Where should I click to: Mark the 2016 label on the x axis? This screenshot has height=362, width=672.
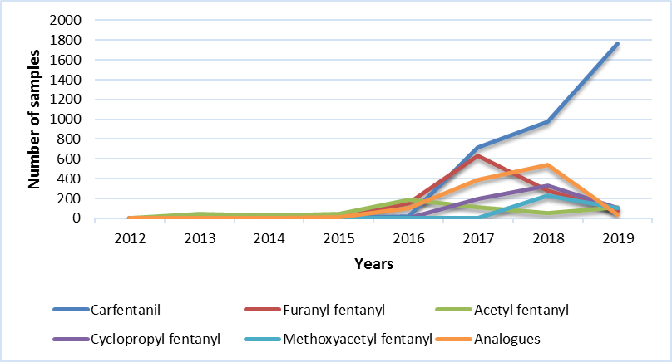[408, 237]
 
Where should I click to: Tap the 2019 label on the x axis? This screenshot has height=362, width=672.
[617, 237]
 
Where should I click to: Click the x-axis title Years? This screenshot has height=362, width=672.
[373, 264]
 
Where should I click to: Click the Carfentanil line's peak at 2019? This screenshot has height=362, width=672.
[617, 44]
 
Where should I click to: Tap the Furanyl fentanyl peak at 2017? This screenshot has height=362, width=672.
[478, 155]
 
